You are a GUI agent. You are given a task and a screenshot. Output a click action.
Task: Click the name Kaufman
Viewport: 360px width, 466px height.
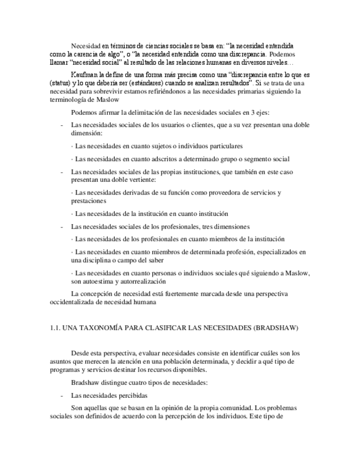(x=85, y=74)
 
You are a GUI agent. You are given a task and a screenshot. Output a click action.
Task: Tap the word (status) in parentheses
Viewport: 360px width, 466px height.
(x=61, y=82)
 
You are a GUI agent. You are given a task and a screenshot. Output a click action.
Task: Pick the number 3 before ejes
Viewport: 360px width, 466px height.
(x=252, y=113)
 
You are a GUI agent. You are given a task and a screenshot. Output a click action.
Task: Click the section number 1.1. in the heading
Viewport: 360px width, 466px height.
(x=54, y=328)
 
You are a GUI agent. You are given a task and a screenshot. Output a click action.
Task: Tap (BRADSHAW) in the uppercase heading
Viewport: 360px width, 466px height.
(x=278, y=328)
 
